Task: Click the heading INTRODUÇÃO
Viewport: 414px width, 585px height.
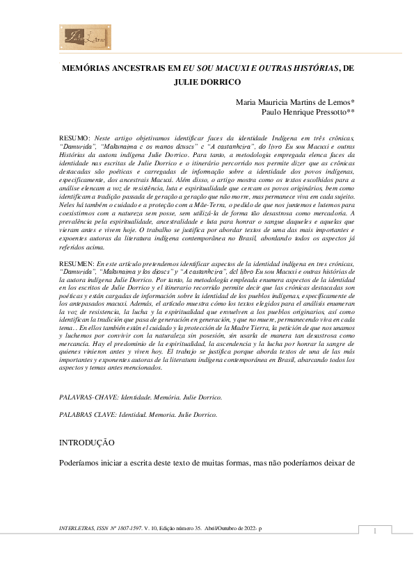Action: click(86, 442)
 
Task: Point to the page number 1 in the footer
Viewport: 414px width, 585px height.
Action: click(374, 532)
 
